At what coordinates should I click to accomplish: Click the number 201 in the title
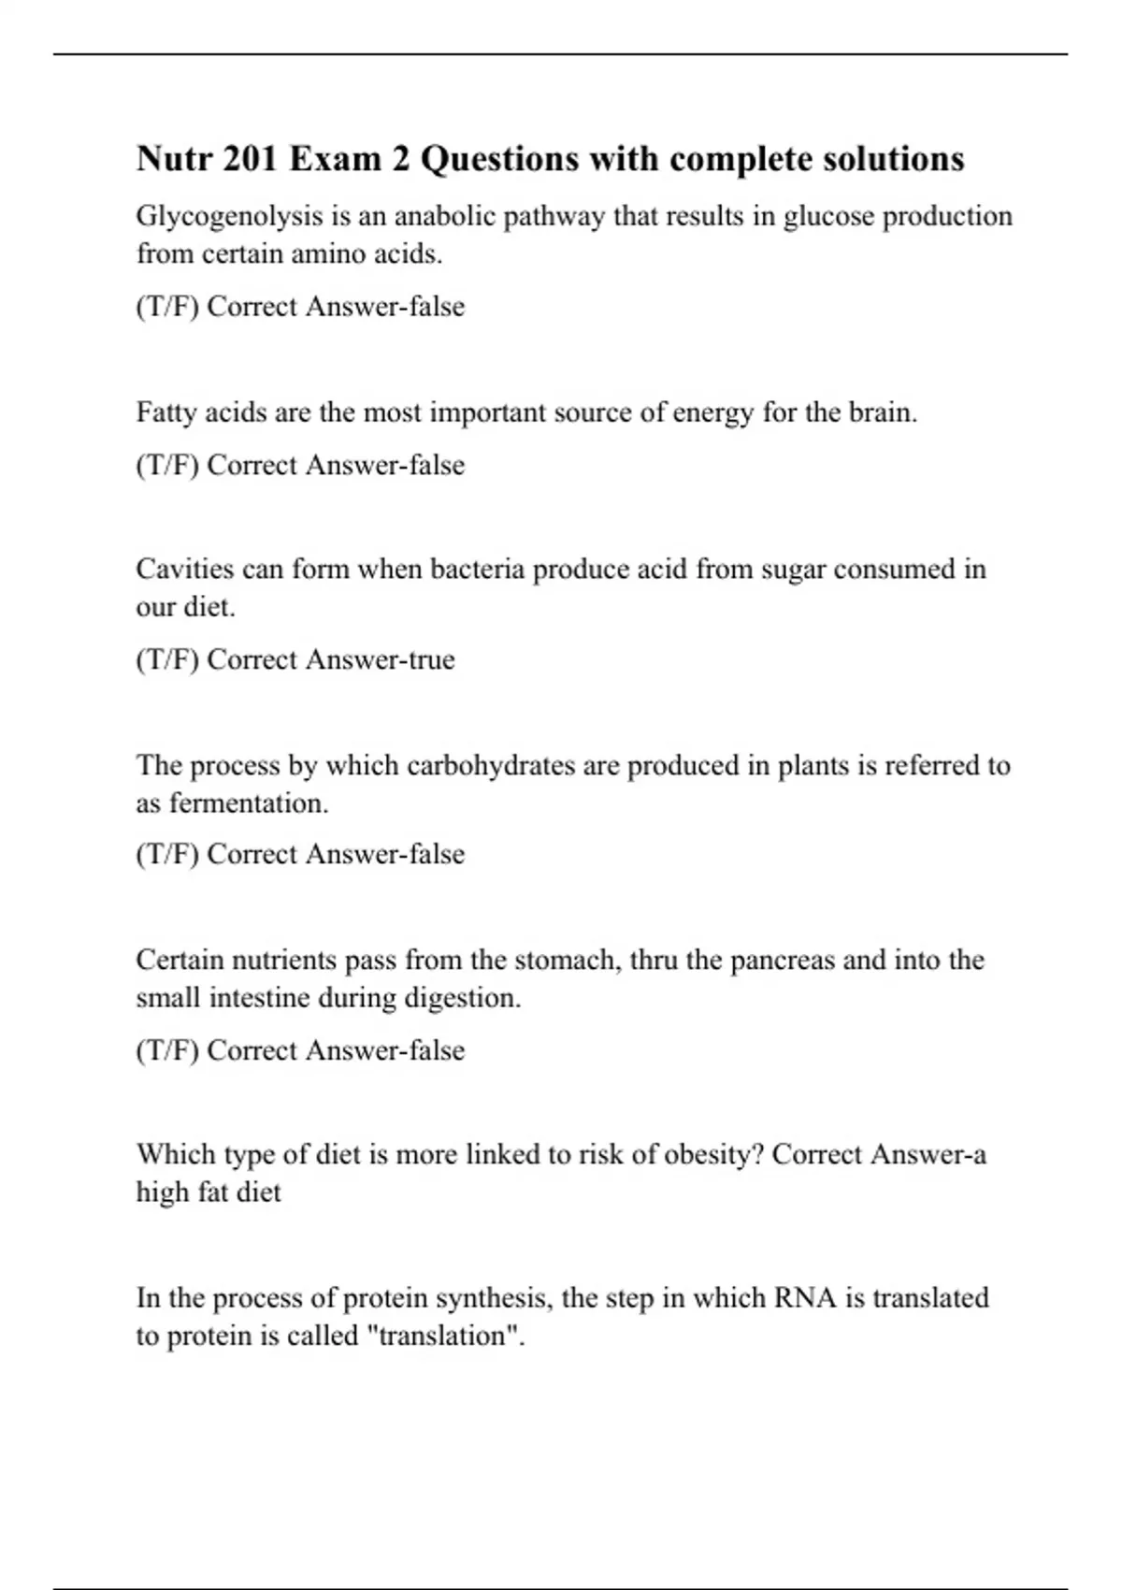[x=250, y=159]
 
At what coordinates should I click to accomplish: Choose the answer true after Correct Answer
[x=433, y=659]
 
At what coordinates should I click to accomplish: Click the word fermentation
[x=248, y=803]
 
